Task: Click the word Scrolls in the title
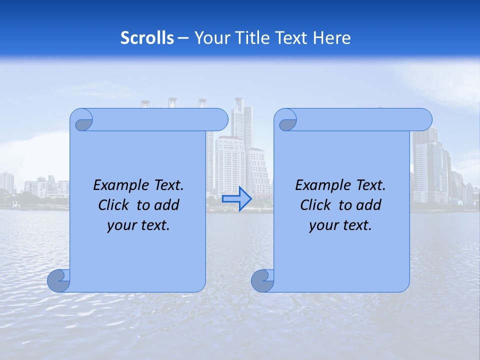pyautogui.click(x=147, y=38)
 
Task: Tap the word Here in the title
pyautogui.click(x=332, y=38)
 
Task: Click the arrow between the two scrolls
pyautogui.click(x=237, y=198)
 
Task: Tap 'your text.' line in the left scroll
pyautogui.click(x=138, y=225)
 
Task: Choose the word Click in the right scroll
pyautogui.click(x=315, y=205)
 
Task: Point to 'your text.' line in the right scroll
pyautogui.click(x=340, y=225)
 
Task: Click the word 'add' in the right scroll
pyautogui.click(x=370, y=205)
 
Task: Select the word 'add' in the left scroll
pyautogui.click(x=168, y=205)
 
